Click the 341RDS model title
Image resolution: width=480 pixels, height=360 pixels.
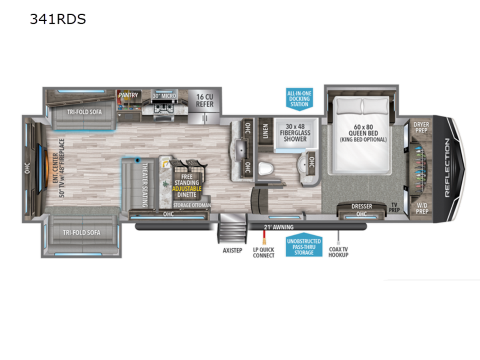[x=58, y=19]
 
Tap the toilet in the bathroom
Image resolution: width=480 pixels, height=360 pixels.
[x=266, y=169]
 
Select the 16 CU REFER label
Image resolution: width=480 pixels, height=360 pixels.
[x=204, y=100]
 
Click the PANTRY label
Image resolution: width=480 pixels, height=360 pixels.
[x=128, y=95]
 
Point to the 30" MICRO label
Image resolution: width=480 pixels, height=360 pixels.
[x=164, y=96]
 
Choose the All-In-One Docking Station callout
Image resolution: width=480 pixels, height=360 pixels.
[x=299, y=99]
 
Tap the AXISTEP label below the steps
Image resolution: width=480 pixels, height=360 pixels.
[x=232, y=250]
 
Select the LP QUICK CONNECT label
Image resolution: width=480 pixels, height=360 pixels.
[x=264, y=252]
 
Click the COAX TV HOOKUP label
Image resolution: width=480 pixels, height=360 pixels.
[x=338, y=252]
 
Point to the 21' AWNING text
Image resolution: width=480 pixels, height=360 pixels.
[x=278, y=227]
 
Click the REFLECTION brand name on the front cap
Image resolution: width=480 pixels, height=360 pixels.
[x=448, y=168]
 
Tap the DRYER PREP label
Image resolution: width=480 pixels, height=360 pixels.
[x=421, y=128]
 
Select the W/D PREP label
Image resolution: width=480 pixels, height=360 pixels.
[x=422, y=208]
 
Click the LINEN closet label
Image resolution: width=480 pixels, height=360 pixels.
[x=265, y=131]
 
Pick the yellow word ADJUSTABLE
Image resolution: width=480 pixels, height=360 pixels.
[x=187, y=189]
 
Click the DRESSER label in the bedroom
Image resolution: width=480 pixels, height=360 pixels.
[x=362, y=206]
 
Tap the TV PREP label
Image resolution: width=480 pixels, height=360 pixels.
[x=394, y=208]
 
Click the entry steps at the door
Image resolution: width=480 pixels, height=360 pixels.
[x=232, y=228]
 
